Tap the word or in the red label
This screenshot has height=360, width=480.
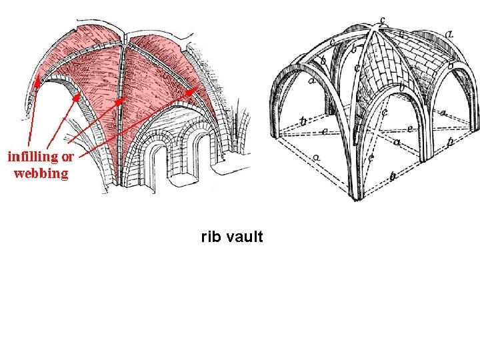coord(67,158)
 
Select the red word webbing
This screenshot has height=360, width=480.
coord(41,173)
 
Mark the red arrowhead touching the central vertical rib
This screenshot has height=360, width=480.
coord(119,102)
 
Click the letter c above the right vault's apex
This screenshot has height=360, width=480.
coord(381,19)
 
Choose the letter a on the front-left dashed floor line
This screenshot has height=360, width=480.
coord(315,157)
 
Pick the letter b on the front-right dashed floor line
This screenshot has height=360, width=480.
coord(393,176)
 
